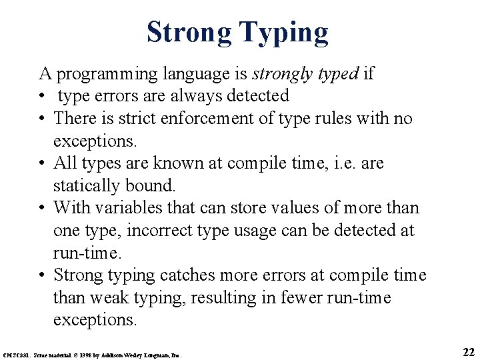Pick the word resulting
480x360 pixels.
pos(193,298)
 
